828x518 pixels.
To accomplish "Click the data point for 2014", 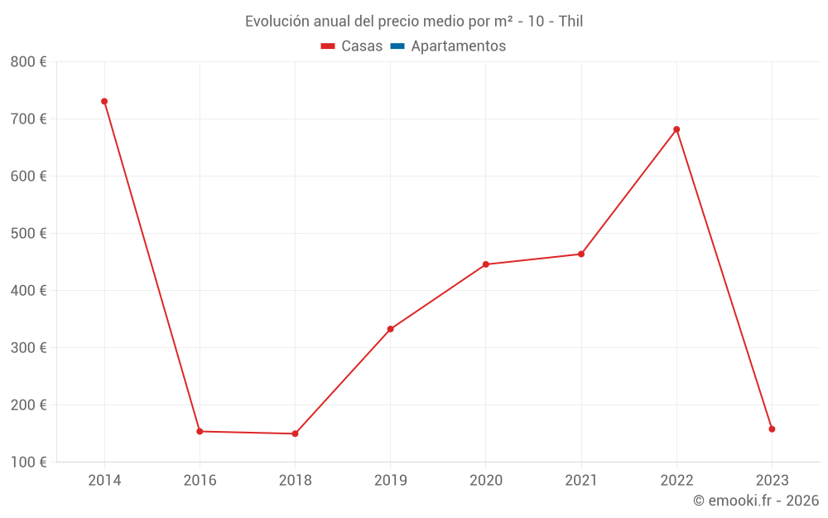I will pos(104,101).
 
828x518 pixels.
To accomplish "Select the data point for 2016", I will pos(200,431).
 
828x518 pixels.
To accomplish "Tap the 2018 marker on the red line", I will pos(295,433).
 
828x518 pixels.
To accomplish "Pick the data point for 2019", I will pos(391,329).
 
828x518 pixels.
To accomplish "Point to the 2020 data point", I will pos(486,264).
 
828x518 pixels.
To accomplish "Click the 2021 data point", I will pos(581,254).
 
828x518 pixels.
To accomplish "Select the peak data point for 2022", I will pos(676,129).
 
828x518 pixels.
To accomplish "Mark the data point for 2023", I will pos(772,429).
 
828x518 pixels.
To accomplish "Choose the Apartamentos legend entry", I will pos(458,46).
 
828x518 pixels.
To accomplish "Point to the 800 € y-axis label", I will pos(28,62).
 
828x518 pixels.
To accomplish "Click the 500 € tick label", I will pos(28,234).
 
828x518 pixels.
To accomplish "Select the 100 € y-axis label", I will pos(28,462).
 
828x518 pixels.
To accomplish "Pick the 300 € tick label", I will pos(28,348).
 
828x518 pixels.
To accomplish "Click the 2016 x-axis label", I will pos(200,480).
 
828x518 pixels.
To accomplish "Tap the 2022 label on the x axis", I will pos(676,480).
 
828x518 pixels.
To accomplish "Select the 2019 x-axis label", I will pos(391,480).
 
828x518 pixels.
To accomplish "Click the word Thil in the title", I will pos(571,22).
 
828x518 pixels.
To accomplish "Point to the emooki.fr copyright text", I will pos(756,501).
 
